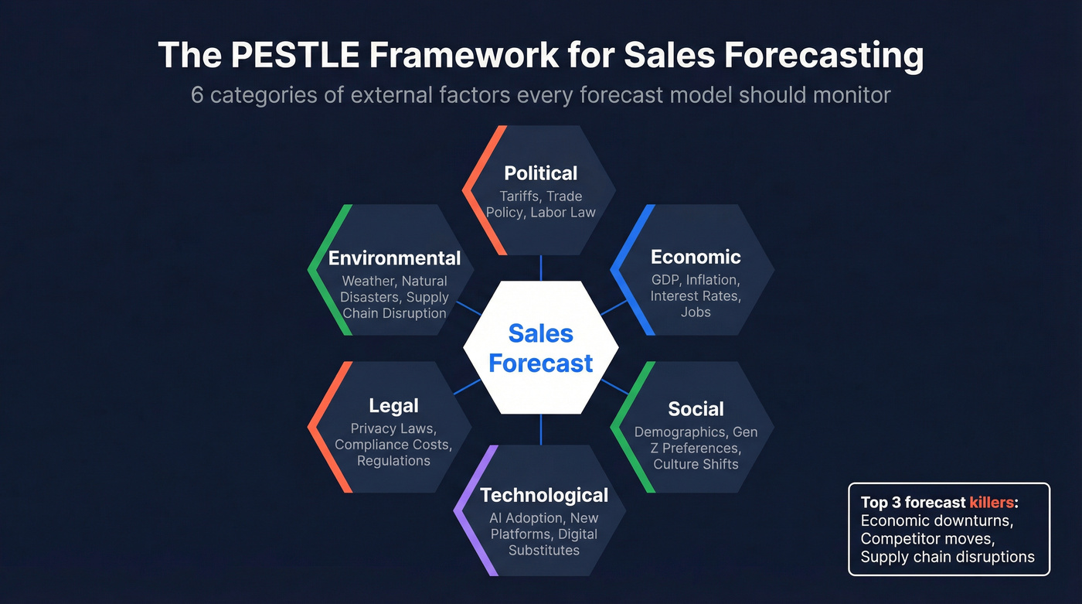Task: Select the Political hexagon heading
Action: click(540, 173)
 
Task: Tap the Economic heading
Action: click(696, 257)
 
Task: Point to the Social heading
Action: click(696, 409)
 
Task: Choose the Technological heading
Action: click(544, 495)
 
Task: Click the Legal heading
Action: click(393, 405)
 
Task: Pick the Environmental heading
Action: click(394, 258)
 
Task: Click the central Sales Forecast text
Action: click(541, 348)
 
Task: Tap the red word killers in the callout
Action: click(992, 503)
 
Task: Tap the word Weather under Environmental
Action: click(368, 282)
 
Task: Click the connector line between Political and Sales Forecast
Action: click(541, 268)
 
